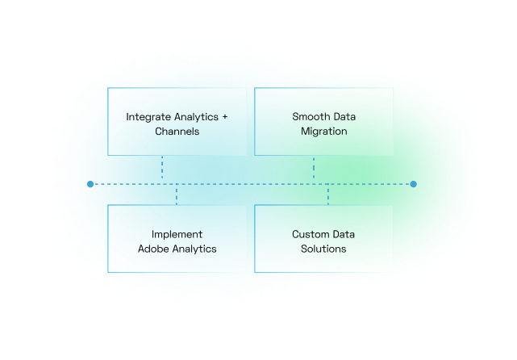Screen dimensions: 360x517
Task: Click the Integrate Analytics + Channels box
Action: click(x=177, y=122)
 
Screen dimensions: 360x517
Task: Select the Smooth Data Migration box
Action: click(x=323, y=122)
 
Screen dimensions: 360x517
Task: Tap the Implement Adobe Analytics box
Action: click(x=177, y=239)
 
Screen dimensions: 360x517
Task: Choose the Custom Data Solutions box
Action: click(x=323, y=239)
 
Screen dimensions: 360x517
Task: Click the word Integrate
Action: click(x=148, y=117)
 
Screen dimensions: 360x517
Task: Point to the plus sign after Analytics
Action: click(x=224, y=117)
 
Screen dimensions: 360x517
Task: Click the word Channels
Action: click(x=177, y=131)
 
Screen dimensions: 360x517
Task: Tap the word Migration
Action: click(x=323, y=131)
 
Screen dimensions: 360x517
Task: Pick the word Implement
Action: click(x=177, y=234)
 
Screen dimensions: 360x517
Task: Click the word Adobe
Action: click(x=152, y=249)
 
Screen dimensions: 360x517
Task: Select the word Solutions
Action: click(x=323, y=249)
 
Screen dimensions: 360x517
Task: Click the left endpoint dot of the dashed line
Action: click(x=90, y=184)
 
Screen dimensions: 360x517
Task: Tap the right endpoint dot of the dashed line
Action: click(x=413, y=184)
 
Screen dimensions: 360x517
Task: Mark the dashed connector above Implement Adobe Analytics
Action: click(x=177, y=195)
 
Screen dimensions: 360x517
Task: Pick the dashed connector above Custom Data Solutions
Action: click(x=328, y=195)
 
